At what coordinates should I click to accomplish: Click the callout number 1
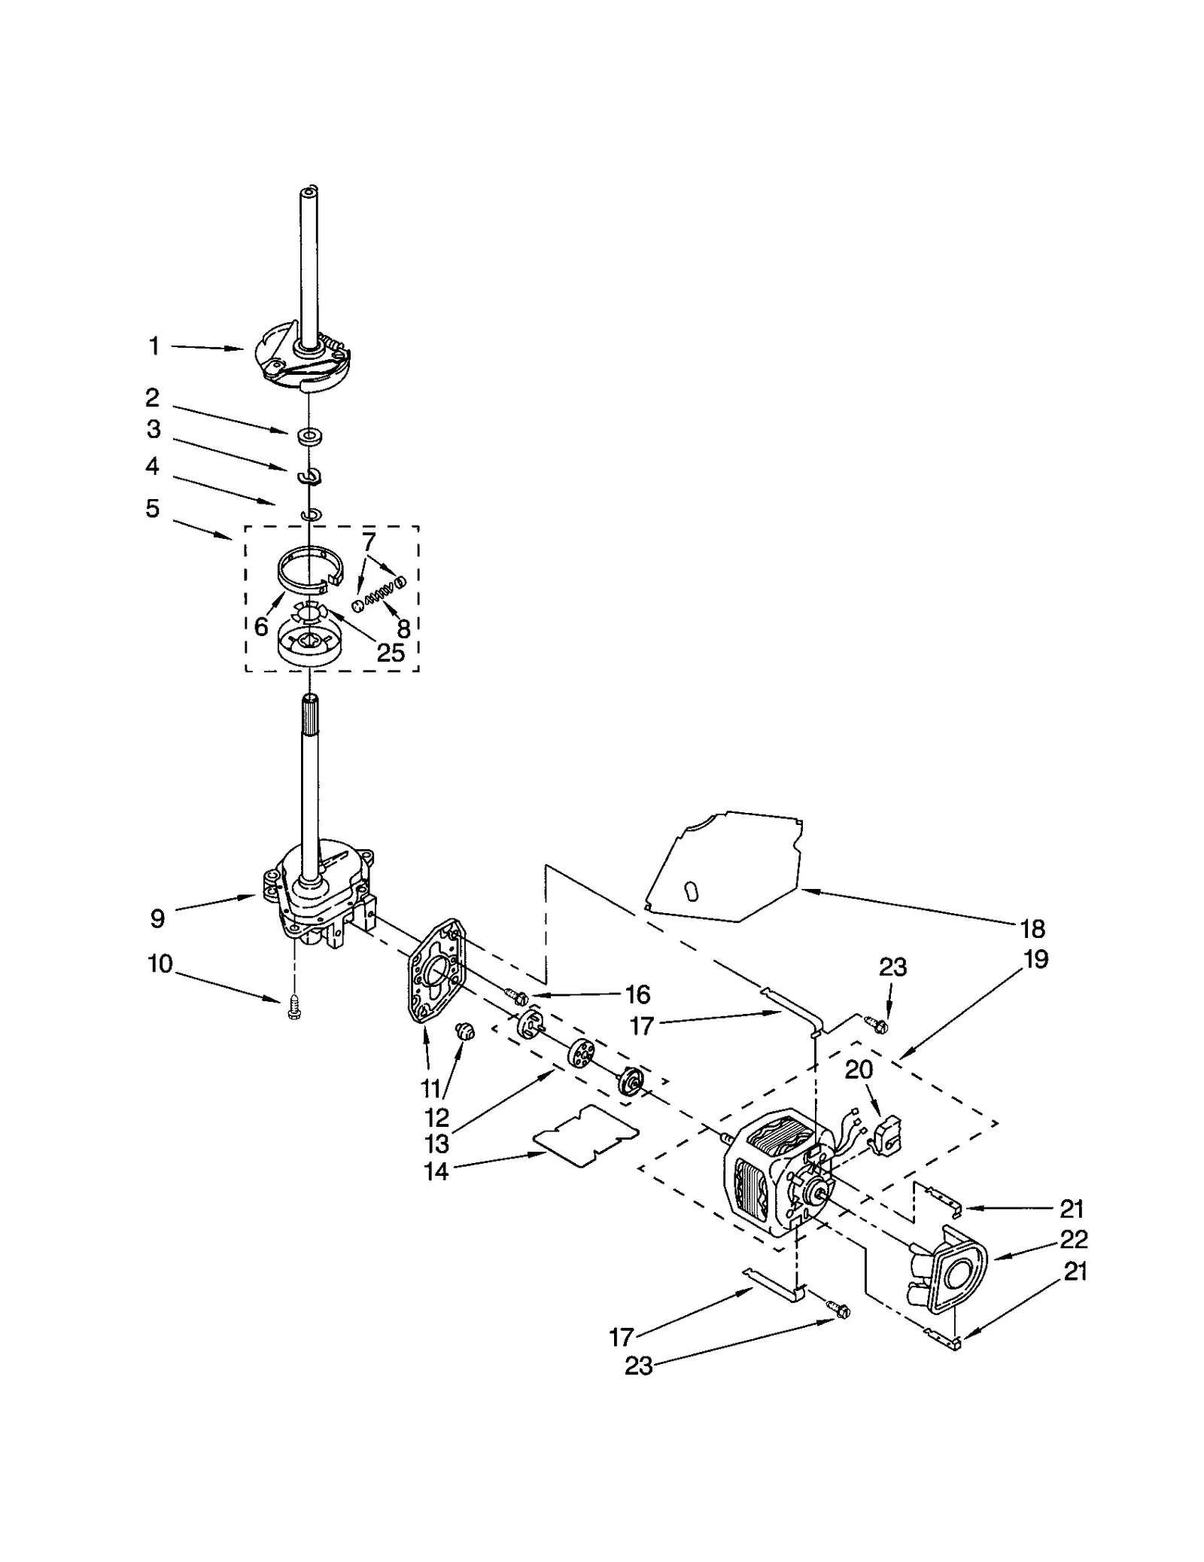(154, 347)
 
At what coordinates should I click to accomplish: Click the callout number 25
(391, 652)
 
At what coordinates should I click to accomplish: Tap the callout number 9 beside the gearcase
(157, 918)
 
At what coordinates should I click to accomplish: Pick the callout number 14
(436, 1171)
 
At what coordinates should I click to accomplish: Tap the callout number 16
(637, 995)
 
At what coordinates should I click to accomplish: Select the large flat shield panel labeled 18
(722, 866)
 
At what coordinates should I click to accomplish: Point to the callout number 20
(858, 1070)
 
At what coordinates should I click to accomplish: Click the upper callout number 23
(892, 967)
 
